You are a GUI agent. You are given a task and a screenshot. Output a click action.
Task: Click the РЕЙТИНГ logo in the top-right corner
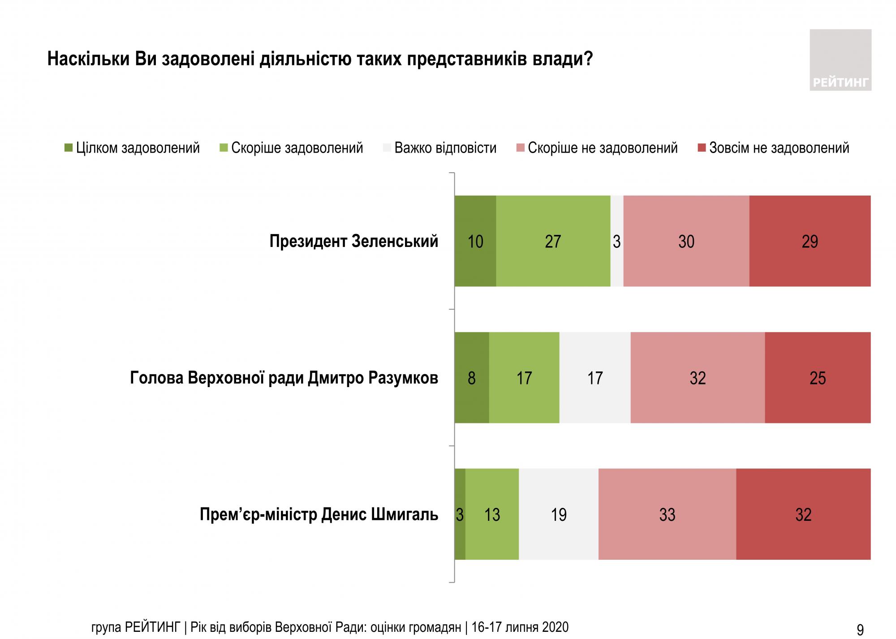840,60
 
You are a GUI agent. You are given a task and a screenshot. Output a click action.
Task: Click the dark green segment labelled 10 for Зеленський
475,241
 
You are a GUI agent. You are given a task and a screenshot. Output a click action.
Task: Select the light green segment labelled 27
553,241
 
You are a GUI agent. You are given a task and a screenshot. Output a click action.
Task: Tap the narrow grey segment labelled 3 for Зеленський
617,241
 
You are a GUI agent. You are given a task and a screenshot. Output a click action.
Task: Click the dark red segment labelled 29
810,241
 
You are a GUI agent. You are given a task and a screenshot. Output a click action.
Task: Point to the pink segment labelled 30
686,241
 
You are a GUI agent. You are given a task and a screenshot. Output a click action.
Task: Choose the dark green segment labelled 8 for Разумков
472,378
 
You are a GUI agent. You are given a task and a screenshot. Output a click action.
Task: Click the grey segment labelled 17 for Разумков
595,378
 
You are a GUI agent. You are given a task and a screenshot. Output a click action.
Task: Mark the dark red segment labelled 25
818,378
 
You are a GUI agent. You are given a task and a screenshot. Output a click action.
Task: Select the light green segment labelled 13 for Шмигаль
492,514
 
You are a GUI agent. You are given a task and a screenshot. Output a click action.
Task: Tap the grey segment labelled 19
559,514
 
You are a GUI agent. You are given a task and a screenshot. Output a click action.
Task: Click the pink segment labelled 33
667,514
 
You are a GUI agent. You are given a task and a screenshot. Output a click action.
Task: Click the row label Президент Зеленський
353,241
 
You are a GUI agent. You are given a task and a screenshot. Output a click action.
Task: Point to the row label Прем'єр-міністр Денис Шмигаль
319,514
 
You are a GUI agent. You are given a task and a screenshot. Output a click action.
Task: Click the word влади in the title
562,59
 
